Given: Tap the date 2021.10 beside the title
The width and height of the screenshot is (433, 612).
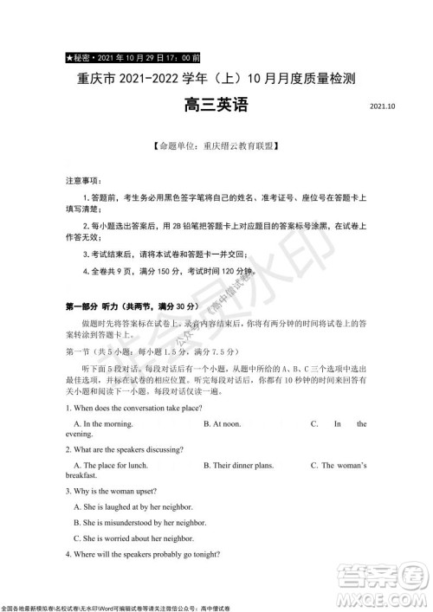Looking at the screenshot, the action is [382, 107].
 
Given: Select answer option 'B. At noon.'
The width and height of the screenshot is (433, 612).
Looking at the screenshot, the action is [222, 424].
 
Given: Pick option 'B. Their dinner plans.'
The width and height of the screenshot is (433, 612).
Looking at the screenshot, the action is [238, 466].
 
